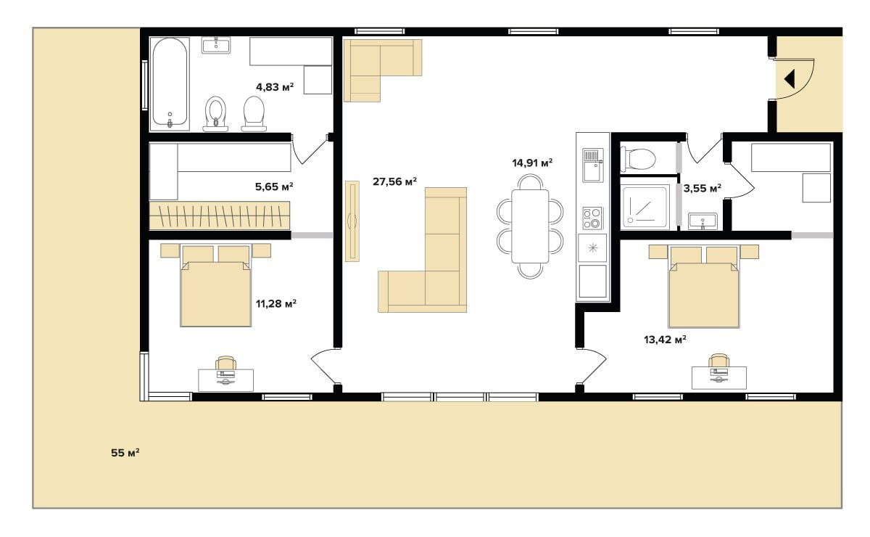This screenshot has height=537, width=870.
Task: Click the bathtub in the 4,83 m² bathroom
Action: click(170, 83)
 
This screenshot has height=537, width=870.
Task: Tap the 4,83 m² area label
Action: click(275, 86)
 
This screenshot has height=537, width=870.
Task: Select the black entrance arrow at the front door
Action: click(790, 79)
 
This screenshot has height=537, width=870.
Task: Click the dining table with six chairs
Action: click(530, 226)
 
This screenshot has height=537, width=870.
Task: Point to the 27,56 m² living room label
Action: click(394, 181)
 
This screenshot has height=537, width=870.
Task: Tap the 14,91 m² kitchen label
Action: click(532, 163)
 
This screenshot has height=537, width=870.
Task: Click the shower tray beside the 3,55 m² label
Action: click(645, 207)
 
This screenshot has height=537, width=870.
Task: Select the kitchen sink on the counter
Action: click(593, 165)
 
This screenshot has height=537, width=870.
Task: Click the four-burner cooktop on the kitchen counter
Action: click(592, 218)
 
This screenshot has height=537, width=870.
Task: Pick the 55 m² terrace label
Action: click(125, 453)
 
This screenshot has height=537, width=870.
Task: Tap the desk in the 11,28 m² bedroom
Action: click(225, 380)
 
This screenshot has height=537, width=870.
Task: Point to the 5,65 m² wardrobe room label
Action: click(274, 186)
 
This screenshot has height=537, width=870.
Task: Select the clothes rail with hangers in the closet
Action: click(220, 216)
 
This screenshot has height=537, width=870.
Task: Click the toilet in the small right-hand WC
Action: click(638, 159)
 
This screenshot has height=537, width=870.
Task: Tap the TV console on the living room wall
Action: click(352, 221)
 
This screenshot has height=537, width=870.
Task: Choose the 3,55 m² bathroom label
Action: click(703, 188)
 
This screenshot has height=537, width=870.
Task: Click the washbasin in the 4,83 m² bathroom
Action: click(216, 45)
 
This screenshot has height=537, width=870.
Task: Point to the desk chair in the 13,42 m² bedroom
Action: click(718, 361)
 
